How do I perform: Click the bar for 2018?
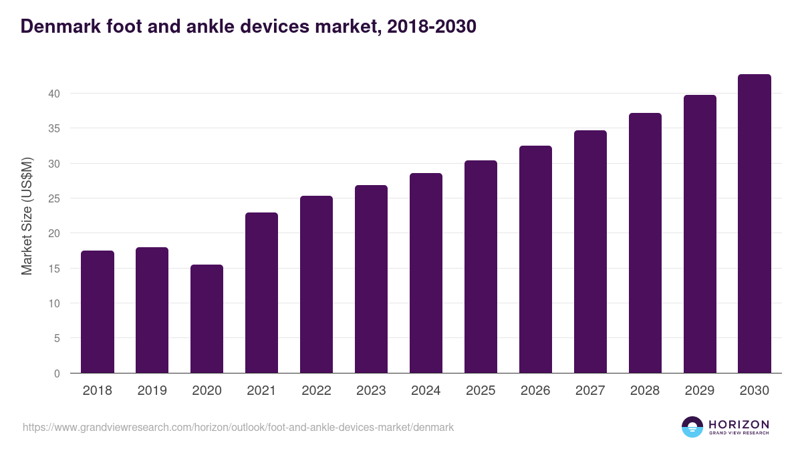[98, 312]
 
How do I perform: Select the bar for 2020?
[207, 319]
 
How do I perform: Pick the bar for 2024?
[426, 273]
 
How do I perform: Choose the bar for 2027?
[590, 252]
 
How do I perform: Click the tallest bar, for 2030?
[755, 224]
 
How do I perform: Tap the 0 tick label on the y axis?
[57, 373]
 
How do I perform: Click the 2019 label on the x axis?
[152, 391]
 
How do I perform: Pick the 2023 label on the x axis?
[371, 391]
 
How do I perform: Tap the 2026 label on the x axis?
[535, 391]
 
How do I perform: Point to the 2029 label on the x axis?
[700, 391]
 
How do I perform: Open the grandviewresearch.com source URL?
[238, 427]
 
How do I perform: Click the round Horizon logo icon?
[692, 427]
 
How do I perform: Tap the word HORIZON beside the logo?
[739, 424]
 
